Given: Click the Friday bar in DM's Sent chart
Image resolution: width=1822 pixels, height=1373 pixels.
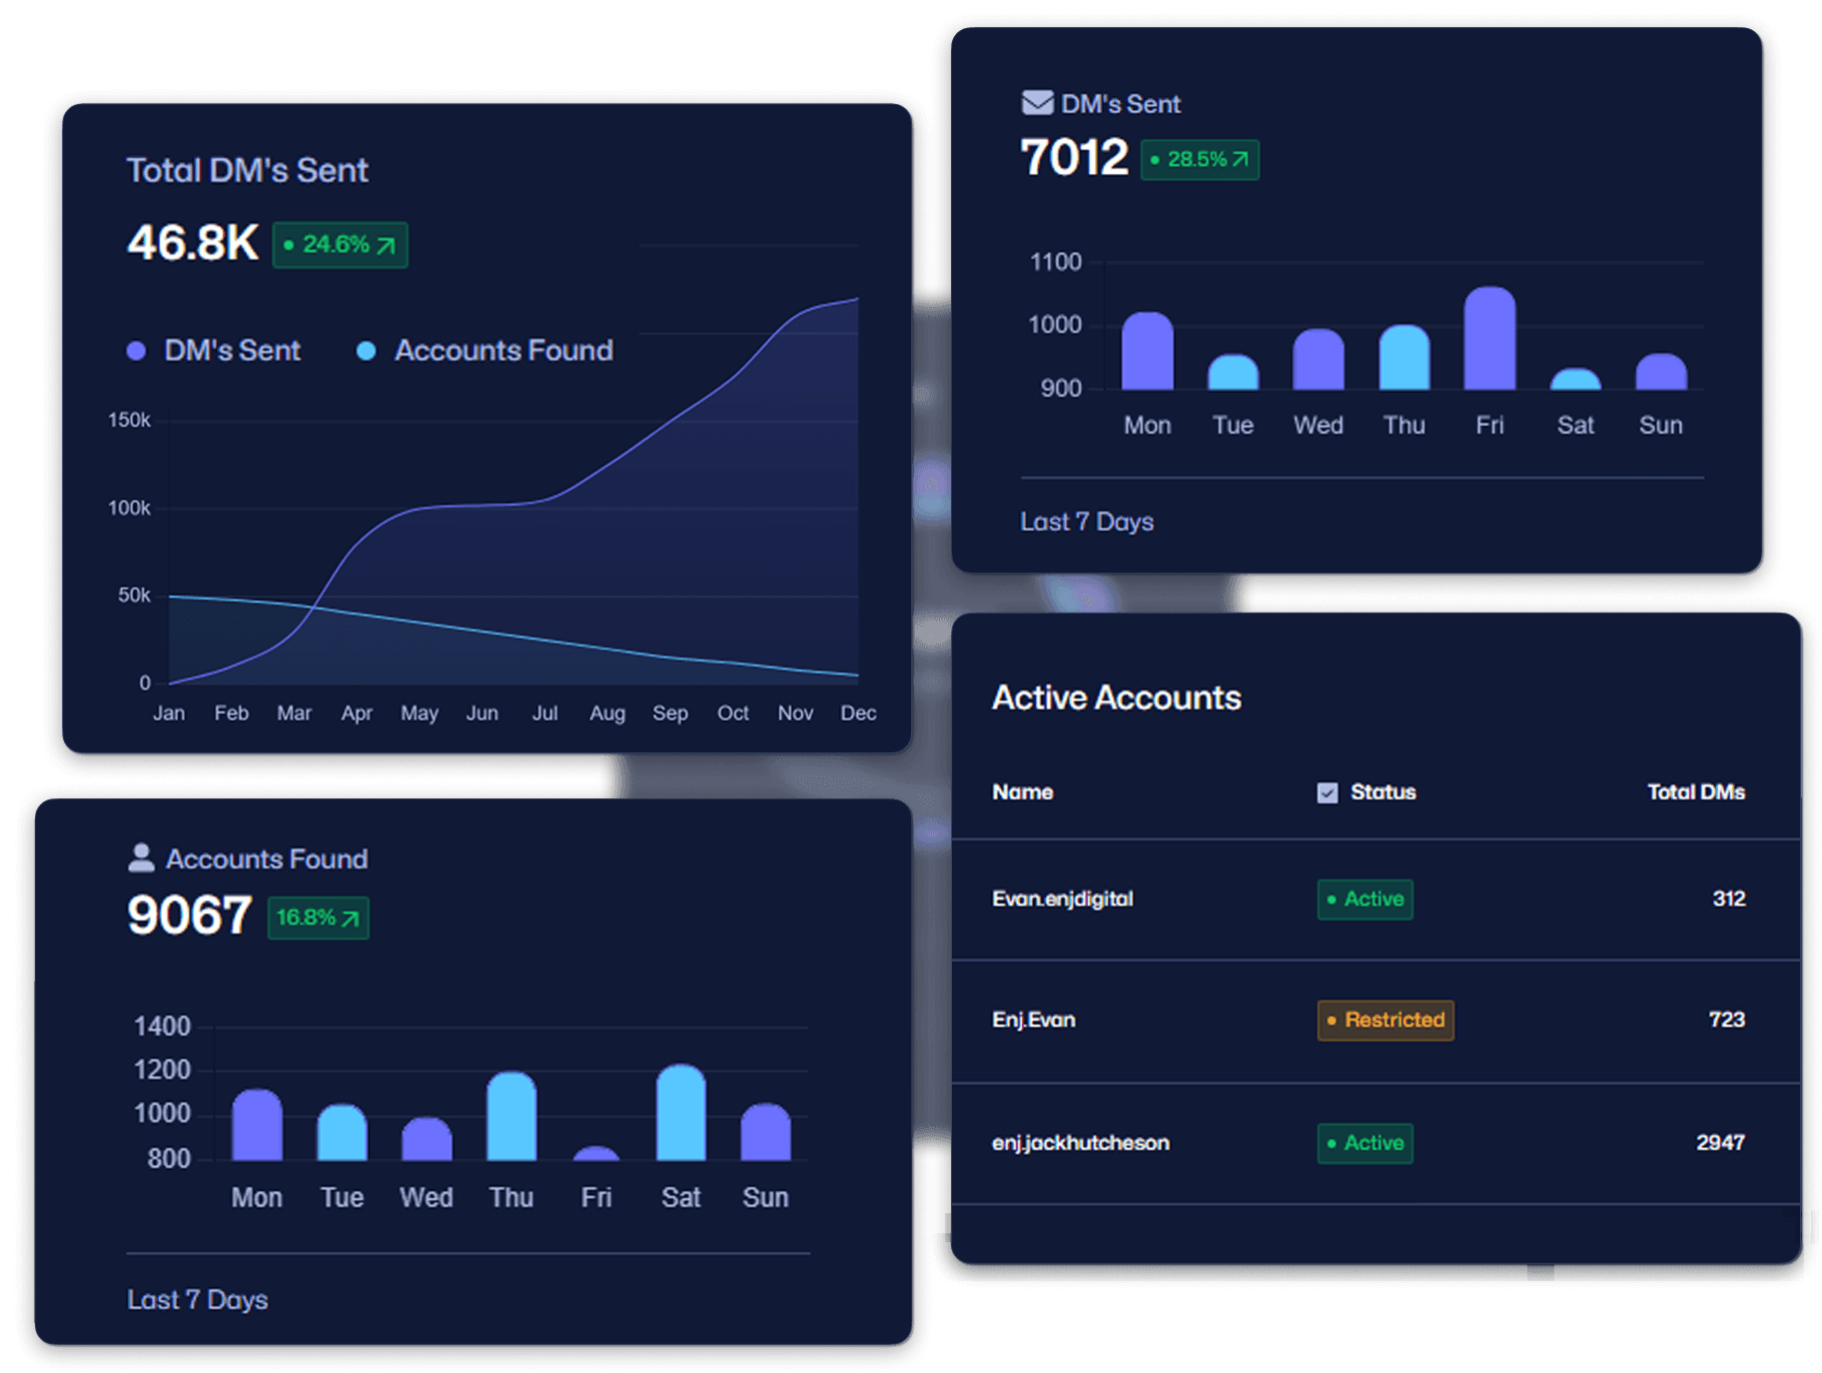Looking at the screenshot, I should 1489,340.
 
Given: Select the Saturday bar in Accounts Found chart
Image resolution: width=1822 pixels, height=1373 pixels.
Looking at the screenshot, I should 680,1114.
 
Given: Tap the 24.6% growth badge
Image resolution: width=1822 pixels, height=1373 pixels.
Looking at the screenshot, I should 340,245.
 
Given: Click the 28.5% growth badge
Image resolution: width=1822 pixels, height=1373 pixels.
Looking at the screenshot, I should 1200,160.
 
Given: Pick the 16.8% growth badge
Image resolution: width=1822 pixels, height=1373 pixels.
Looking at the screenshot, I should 318,918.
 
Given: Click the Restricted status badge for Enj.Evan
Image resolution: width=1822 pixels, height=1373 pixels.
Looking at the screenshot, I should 1385,1020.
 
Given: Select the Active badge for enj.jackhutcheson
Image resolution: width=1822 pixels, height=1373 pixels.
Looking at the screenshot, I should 1365,1143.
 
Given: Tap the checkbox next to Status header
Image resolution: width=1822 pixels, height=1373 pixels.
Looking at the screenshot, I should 1327,793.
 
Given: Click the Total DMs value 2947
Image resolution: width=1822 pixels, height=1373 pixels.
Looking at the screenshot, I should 1719,1142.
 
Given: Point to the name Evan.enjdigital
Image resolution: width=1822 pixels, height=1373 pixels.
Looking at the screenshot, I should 1062,898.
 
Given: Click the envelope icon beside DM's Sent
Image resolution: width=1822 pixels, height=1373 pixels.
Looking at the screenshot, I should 1037,103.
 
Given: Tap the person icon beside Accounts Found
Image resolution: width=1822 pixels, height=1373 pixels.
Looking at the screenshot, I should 141,857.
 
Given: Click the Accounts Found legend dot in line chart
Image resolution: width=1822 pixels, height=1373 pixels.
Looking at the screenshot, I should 367,351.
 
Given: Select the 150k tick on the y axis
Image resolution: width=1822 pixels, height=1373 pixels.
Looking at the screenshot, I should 129,421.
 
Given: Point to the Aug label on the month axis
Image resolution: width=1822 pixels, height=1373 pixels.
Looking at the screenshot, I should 607,713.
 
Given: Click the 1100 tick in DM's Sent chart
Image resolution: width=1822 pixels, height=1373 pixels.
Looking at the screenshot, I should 1055,262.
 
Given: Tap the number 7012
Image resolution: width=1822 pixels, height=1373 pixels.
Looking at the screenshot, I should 1074,158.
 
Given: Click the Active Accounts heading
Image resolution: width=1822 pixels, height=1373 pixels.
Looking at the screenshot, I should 1116,697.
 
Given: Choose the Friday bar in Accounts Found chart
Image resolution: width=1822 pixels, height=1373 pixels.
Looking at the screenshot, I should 596,1153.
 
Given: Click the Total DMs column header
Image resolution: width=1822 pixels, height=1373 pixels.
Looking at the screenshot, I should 1695,792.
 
